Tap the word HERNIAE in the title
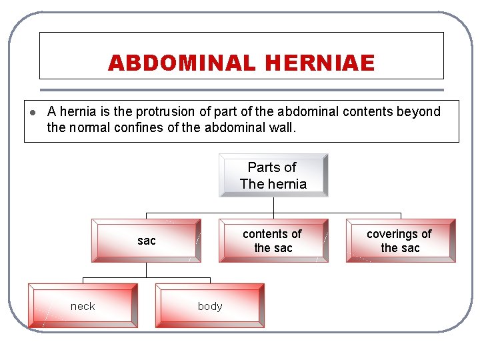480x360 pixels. point(319,63)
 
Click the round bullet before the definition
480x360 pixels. point(32,112)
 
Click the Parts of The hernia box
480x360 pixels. point(273,175)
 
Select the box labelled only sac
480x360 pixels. point(146,241)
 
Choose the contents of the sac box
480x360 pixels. point(273,241)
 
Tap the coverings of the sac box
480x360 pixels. point(400,241)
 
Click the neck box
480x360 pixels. point(83,306)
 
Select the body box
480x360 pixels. point(210,306)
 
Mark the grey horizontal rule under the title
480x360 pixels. point(241,90)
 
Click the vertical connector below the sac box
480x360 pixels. point(146,269)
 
